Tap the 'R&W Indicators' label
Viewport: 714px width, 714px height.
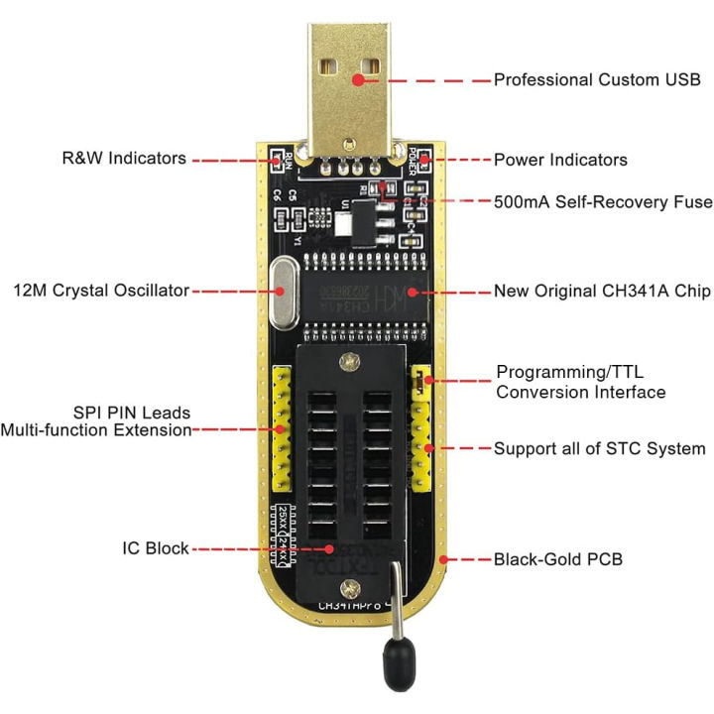coord(124,158)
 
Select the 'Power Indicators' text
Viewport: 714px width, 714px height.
coord(560,160)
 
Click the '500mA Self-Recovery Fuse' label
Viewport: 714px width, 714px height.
coord(603,201)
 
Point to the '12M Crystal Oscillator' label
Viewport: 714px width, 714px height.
coord(101,291)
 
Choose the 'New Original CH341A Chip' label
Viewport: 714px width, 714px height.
coord(602,293)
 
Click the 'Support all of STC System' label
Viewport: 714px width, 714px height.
coord(599,448)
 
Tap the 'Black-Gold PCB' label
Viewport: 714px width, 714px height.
coord(558,559)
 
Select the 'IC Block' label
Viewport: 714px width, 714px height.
coord(156,548)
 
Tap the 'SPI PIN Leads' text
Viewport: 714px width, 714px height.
coord(132,412)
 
